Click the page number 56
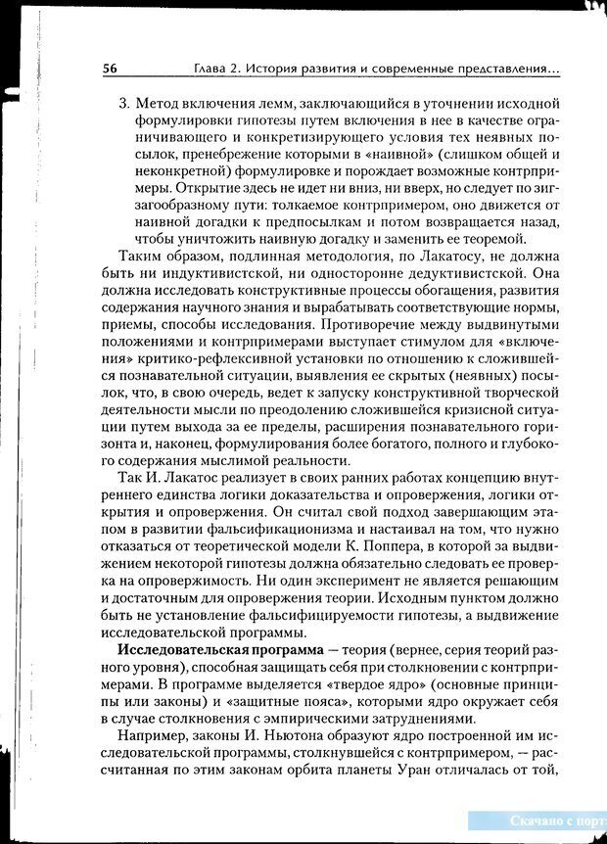point(110,69)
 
